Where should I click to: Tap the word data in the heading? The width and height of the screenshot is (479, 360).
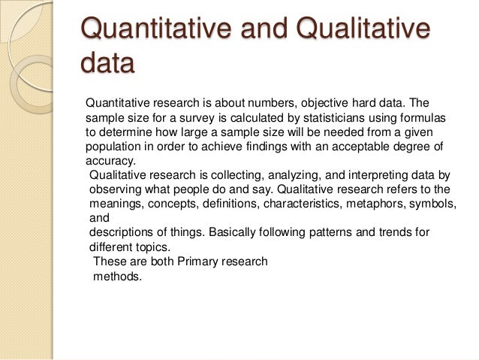(107, 66)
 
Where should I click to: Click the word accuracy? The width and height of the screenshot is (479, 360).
(110, 160)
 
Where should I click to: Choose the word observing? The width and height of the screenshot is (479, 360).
(114, 189)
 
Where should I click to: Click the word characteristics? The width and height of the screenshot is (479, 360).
(295, 204)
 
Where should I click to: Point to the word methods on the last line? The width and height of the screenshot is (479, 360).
(116, 276)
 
